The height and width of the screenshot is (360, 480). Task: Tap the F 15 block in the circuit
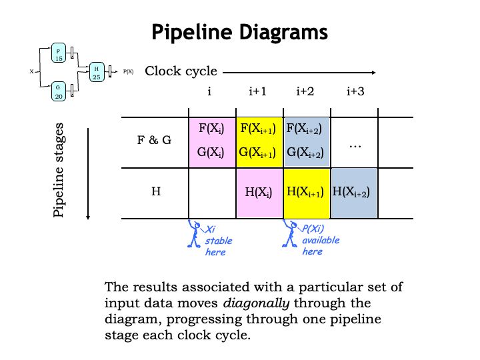[x=58, y=53]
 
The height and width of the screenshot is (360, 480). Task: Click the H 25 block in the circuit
[x=97, y=73]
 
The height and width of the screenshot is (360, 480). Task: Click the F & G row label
[x=156, y=141]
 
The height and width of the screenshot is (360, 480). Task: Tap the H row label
[x=156, y=192]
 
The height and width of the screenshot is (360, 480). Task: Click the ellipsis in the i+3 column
[x=355, y=143]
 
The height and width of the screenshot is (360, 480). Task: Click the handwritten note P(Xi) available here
[x=321, y=241]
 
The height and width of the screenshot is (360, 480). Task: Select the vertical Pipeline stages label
[x=59, y=169]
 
